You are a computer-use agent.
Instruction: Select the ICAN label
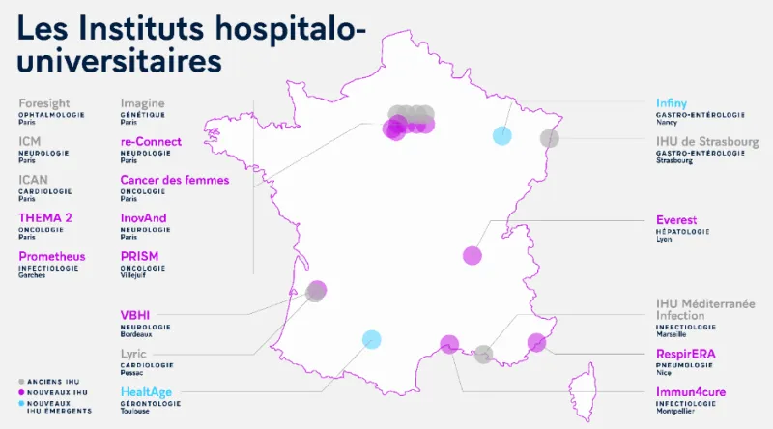click(x=36, y=180)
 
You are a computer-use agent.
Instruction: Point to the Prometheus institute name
click(x=52, y=256)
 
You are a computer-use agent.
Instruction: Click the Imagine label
click(x=143, y=103)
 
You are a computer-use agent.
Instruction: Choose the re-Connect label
click(x=151, y=142)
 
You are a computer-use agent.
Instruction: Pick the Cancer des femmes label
click(x=175, y=180)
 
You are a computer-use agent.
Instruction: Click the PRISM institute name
click(x=139, y=256)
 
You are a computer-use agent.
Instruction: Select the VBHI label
click(x=135, y=314)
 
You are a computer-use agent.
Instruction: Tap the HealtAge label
click(x=150, y=392)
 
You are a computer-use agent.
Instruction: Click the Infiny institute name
click(x=672, y=103)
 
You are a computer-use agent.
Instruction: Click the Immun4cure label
click(x=691, y=392)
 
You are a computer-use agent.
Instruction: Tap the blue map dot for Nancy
click(x=501, y=135)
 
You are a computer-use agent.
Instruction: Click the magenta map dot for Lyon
click(x=472, y=255)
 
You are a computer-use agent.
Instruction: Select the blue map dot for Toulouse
click(x=371, y=338)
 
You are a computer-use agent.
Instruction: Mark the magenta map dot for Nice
click(x=537, y=341)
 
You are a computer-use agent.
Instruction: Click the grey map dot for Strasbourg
click(x=549, y=137)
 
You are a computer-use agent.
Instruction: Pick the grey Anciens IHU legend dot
click(x=21, y=381)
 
